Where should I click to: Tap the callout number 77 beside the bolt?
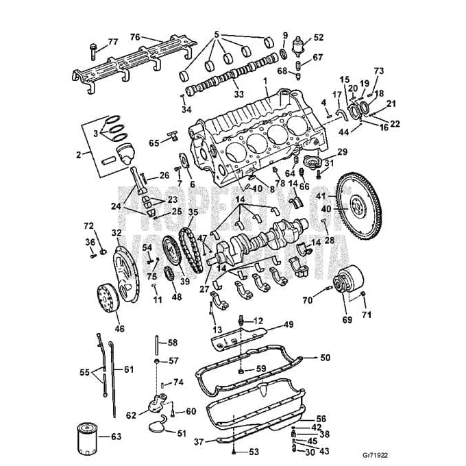point(113,42)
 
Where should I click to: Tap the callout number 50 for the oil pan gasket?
point(325,358)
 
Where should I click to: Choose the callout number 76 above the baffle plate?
point(135,37)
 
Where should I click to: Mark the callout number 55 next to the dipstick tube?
point(84,373)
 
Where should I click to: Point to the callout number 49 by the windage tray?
point(289,324)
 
